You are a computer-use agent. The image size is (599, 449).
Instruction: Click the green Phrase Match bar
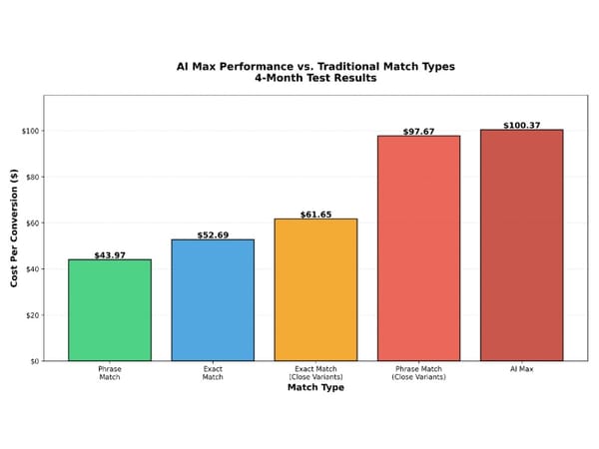click(x=110, y=309)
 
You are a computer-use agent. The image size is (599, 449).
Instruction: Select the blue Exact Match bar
click(x=213, y=299)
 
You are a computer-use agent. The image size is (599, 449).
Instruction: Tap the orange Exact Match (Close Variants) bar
click(x=315, y=289)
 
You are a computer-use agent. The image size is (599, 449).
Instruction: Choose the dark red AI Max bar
click(x=521, y=244)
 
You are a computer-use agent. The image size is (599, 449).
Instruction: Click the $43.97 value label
click(x=110, y=255)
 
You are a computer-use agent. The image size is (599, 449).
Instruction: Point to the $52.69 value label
click(x=213, y=235)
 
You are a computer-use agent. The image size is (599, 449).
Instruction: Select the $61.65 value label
click(x=315, y=215)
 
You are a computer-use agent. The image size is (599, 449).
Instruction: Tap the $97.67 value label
click(x=418, y=132)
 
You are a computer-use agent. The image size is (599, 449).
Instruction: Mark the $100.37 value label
click(x=521, y=126)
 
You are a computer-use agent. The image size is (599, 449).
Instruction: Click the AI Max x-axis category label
click(x=521, y=370)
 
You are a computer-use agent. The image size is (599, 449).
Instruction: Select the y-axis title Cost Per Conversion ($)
click(x=15, y=228)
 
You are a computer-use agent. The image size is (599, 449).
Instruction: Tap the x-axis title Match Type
click(x=315, y=387)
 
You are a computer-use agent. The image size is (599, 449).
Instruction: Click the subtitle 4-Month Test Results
click(x=315, y=78)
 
